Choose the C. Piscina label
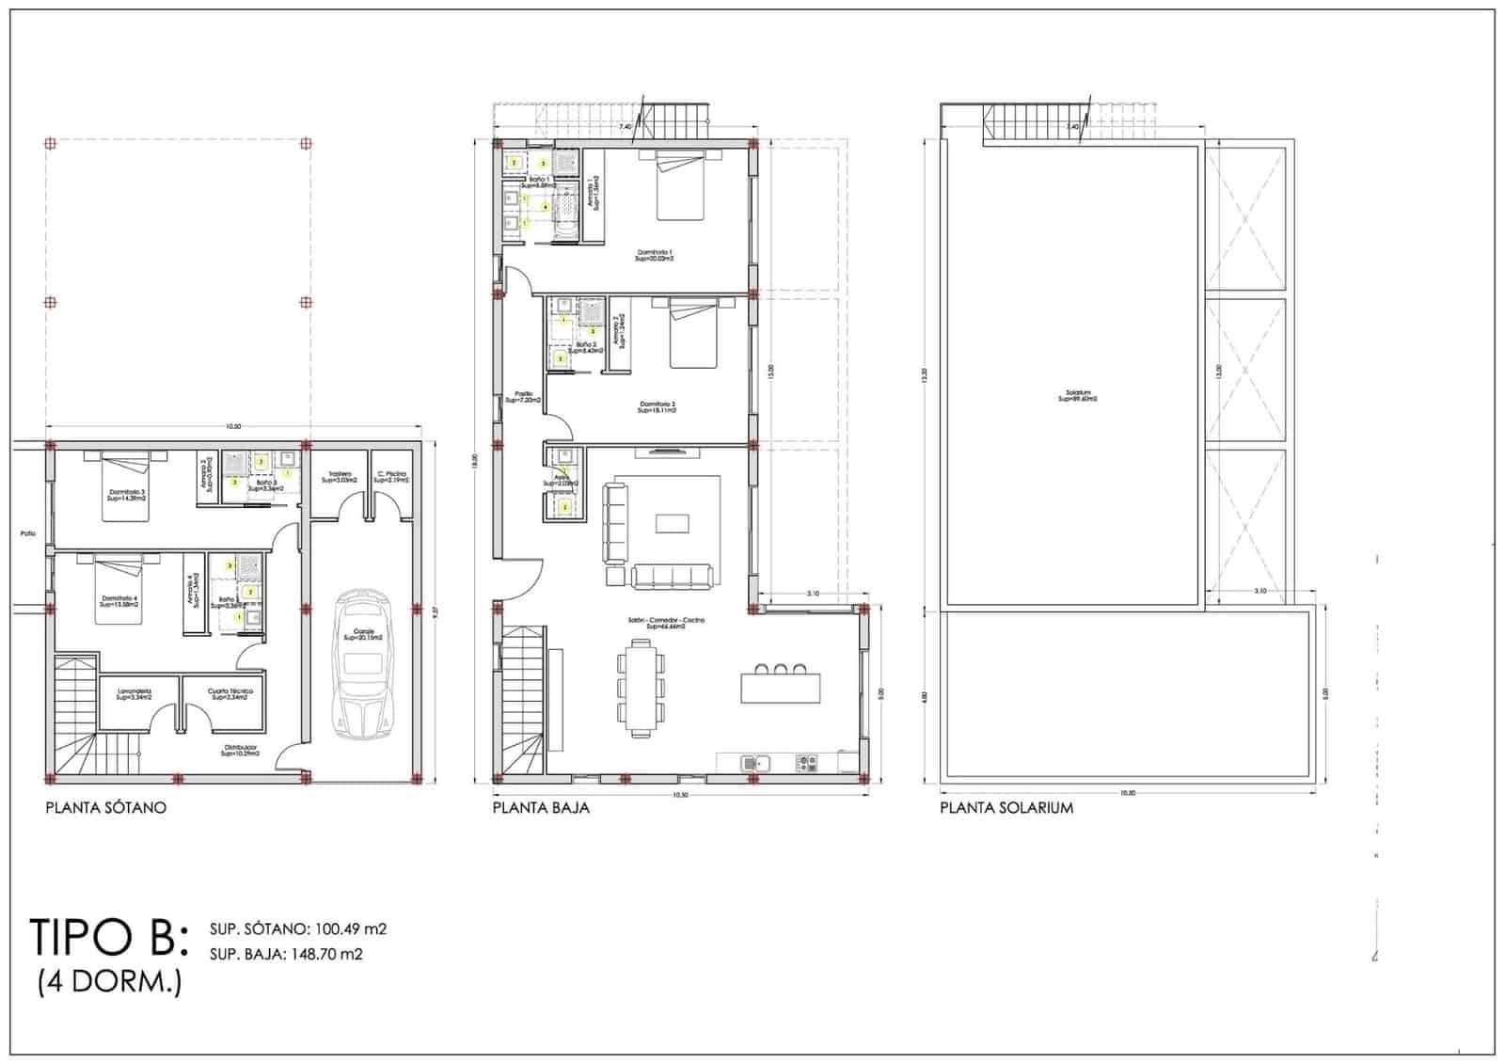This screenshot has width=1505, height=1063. [x=391, y=476]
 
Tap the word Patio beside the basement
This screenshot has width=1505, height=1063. [x=28, y=534]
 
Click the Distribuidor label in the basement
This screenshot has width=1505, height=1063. [x=240, y=750]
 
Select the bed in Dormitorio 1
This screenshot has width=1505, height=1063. [x=679, y=185]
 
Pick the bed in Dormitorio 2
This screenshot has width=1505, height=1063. [x=694, y=335]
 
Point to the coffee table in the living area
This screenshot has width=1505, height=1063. [x=672, y=523]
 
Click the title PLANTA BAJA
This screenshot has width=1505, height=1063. [x=541, y=807]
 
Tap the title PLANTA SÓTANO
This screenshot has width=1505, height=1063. [x=106, y=807]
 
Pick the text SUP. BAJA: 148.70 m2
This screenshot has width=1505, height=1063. [x=286, y=954]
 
